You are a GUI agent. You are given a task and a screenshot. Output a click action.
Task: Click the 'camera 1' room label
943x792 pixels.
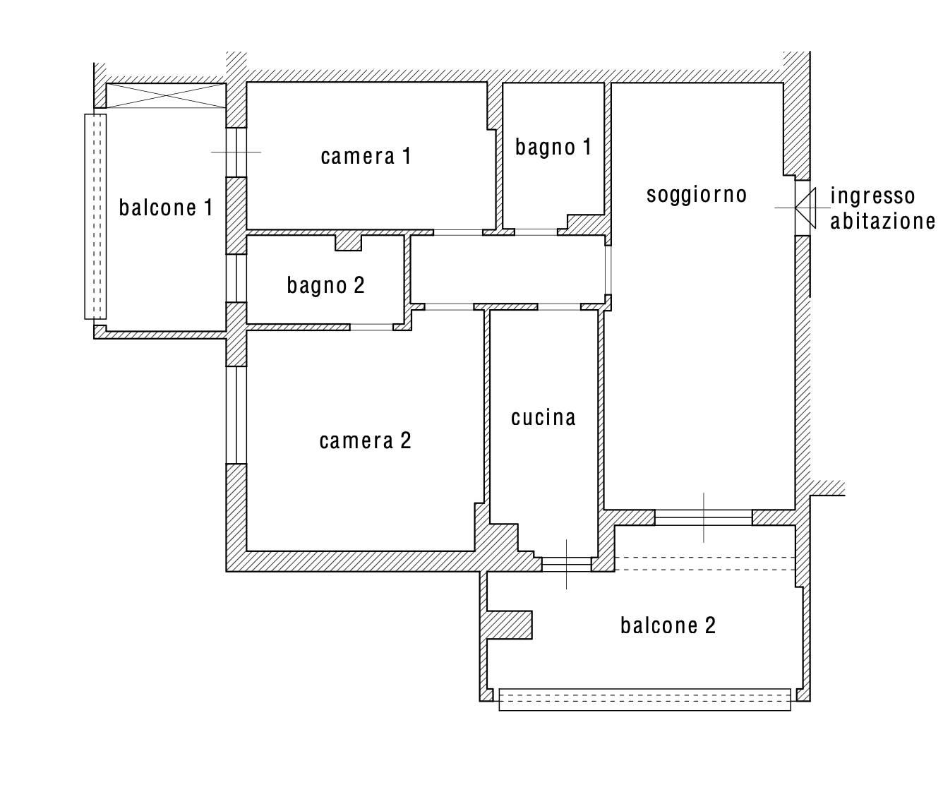point(366,156)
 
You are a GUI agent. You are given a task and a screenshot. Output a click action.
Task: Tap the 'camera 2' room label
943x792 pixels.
point(365,440)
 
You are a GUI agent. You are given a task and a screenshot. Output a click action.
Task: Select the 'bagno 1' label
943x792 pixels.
point(553,148)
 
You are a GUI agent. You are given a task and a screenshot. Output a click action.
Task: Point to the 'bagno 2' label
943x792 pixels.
point(325,286)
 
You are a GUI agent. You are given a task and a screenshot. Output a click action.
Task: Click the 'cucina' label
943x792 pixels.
point(543,417)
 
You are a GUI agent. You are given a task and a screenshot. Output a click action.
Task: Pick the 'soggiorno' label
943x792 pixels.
point(697,195)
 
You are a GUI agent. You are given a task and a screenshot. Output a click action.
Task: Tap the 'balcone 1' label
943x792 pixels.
point(166,208)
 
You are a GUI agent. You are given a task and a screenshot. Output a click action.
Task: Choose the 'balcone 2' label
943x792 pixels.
point(668,625)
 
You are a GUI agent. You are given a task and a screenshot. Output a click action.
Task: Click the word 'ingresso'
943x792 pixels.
point(872,196)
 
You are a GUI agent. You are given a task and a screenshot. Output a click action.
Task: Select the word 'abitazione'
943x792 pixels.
point(882,222)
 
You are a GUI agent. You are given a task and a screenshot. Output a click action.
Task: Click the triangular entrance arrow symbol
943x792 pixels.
point(805,208)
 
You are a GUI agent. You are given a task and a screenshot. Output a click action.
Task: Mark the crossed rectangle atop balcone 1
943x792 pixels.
point(166,95)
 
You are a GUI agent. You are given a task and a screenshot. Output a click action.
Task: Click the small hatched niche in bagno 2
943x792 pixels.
point(348,243)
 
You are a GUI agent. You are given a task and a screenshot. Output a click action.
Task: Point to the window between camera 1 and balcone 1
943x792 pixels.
point(236,152)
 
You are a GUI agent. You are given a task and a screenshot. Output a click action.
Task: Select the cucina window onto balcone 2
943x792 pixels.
point(566,564)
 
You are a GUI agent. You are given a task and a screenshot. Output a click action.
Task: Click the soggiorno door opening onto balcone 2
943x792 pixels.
point(704,517)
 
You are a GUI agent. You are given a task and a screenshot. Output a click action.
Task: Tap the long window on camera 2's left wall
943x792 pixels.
point(236,415)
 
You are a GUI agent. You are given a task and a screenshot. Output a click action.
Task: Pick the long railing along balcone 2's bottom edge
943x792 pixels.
point(644,700)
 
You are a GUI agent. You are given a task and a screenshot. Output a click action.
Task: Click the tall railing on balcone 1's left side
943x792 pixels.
point(95,217)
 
